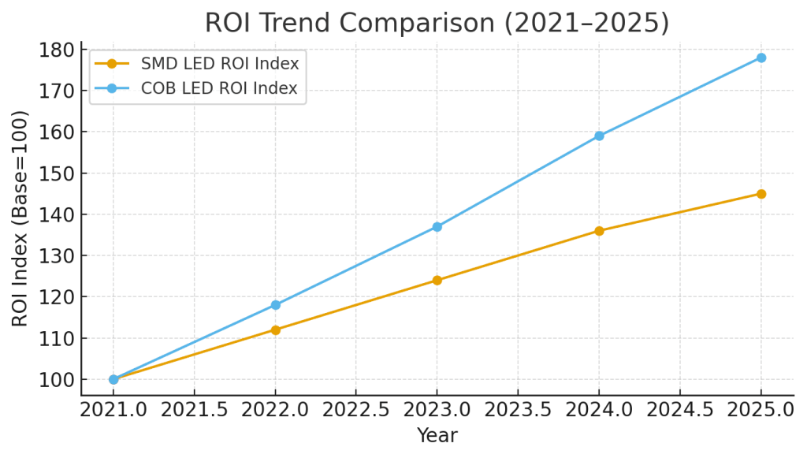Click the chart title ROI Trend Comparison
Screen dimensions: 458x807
click(437, 22)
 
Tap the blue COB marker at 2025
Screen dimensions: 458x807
click(761, 58)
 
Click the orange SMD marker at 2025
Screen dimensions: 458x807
click(761, 194)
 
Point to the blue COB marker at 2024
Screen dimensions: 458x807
click(599, 136)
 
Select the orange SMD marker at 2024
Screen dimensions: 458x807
click(599, 231)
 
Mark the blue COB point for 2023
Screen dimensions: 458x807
click(437, 227)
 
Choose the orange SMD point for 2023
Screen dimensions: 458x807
click(437, 280)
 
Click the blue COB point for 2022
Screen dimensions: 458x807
click(275, 305)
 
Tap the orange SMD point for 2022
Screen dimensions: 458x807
click(275, 330)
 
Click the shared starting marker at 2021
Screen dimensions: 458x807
click(113, 379)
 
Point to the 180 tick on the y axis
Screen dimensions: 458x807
click(60, 50)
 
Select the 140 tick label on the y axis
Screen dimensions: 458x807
click(60, 214)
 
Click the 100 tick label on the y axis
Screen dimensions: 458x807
click(60, 379)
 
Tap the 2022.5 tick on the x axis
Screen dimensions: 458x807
click(355, 410)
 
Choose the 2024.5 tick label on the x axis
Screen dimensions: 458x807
click(679, 410)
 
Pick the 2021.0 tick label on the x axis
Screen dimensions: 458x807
click(113, 410)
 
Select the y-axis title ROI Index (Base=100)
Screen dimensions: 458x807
click(20, 218)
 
